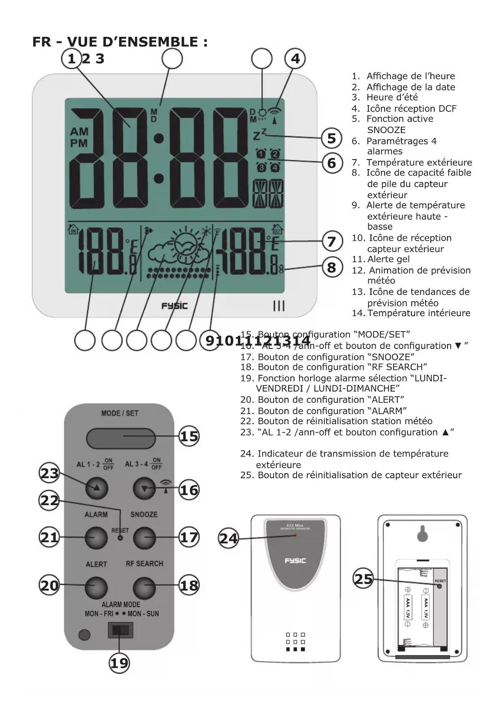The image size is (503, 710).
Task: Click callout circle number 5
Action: tap(332, 138)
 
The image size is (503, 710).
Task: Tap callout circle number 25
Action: tap(364, 579)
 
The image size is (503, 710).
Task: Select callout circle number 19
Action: tap(119, 663)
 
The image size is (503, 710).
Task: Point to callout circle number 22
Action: tap(49, 501)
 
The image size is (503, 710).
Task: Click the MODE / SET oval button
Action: tap(120, 438)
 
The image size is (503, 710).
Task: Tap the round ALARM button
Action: tap(96, 538)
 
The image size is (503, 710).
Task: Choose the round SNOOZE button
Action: tap(144, 538)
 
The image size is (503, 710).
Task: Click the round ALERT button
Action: tap(96, 587)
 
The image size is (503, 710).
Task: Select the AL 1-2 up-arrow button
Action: tap(96, 488)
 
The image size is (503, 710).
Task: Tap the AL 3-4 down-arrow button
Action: tap(144, 489)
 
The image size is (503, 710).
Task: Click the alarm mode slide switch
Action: tap(120, 631)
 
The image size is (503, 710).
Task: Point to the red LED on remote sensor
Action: tap(295, 535)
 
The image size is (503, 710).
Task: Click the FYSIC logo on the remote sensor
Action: tap(295, 561)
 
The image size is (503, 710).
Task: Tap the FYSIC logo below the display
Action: tap(175, 306)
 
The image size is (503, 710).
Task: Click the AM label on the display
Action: tap(79, 132)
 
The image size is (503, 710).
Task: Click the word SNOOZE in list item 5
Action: tap(386, 130)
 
